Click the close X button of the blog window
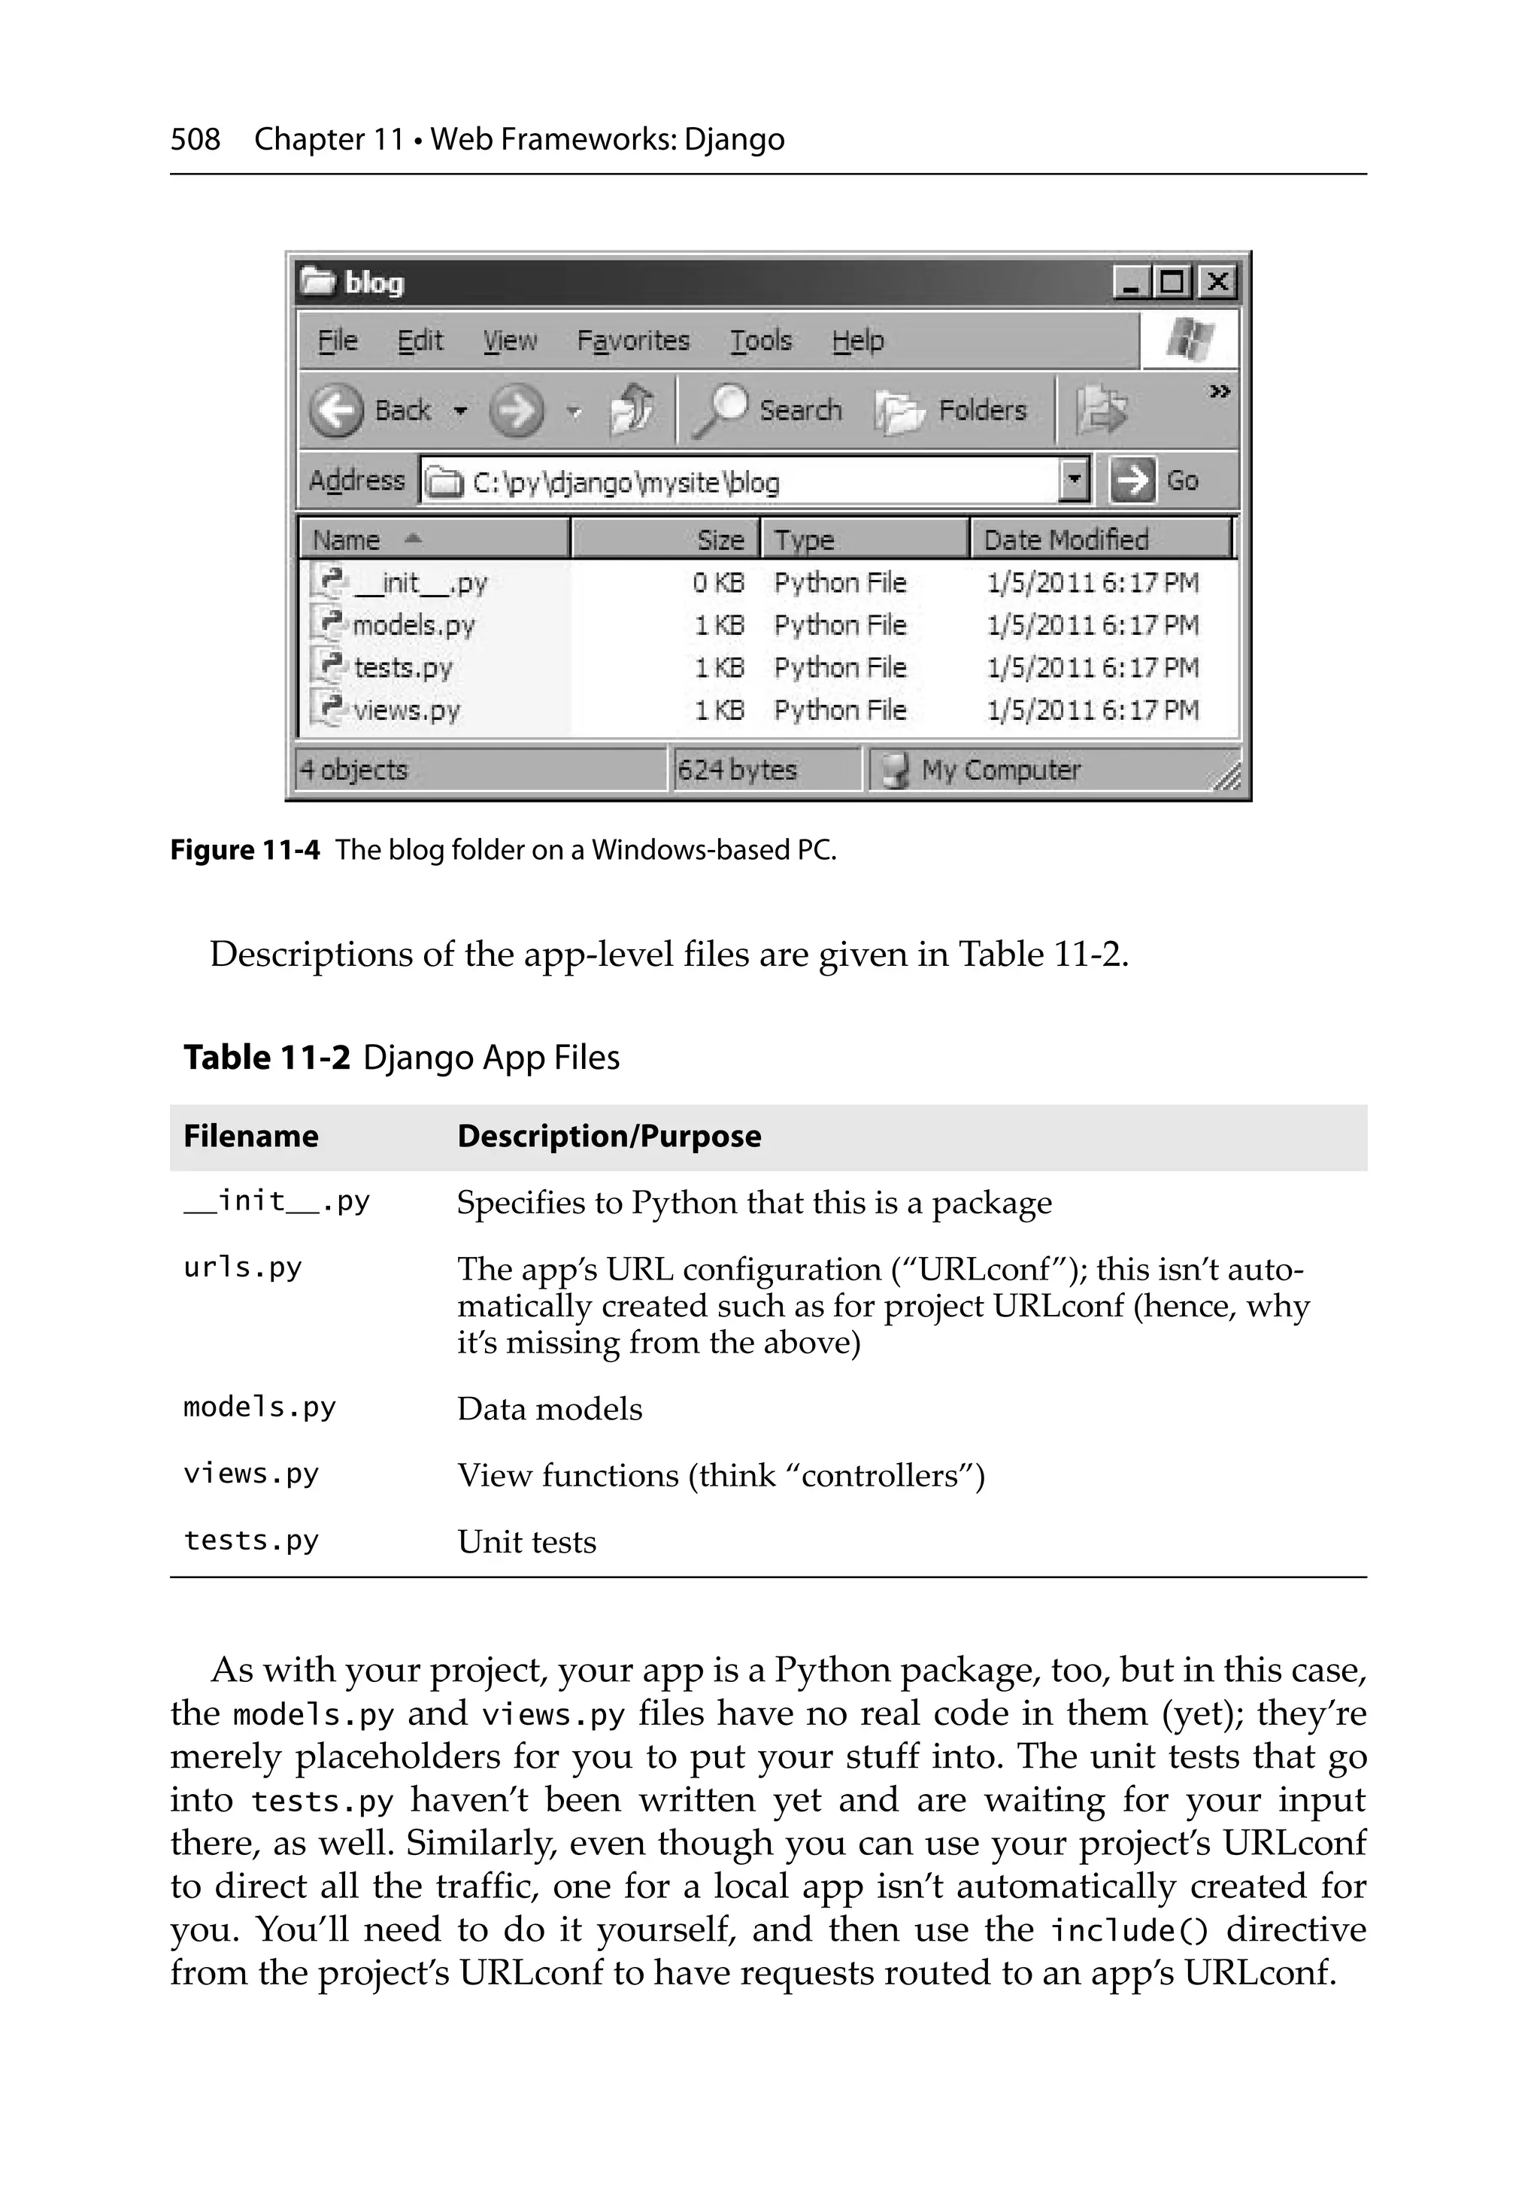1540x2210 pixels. click(1217, 282)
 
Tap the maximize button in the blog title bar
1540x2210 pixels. click(1172, 282)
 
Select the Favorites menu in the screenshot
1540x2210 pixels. click(632, 341)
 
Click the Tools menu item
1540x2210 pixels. click(760, 341)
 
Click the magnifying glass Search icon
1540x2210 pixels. click(720, 410)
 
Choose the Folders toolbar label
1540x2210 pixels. click(982, 410)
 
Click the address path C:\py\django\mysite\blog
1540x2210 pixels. click(626, 481)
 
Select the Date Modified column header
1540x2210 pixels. click(1066, 539)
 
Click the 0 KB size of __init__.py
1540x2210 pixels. click(718, 582)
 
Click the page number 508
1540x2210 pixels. click(196, 140)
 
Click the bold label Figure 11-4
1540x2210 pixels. click(244, 850)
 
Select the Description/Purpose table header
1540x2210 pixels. click(608, 1136)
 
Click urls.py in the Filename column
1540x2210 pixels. click(243, 1267)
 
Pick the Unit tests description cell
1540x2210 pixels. click(526, 1542)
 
